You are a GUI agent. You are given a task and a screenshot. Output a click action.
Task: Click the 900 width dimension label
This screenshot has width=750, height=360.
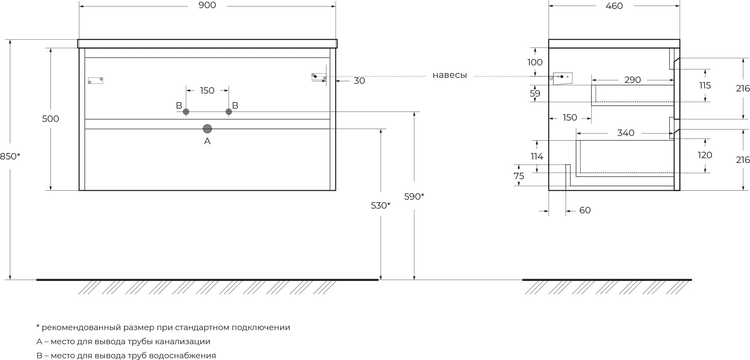pos(207,5)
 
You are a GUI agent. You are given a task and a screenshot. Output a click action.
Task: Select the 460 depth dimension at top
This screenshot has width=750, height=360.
pos(614,6)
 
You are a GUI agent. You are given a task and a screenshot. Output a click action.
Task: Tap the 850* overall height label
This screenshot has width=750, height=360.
pos(10,156)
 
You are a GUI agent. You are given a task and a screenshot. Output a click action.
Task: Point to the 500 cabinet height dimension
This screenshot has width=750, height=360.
pos(50,119)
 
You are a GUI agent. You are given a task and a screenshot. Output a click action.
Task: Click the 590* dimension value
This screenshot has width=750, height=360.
pos(414,197)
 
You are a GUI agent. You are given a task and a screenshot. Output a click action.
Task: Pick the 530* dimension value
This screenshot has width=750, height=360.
pos(381,206)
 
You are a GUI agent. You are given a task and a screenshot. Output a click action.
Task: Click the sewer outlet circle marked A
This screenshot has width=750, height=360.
pos(207,129)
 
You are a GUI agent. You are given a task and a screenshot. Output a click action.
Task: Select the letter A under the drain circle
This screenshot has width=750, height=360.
pos(207,141)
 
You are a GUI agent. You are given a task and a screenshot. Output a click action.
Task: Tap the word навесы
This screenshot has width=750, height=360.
pos(449,76)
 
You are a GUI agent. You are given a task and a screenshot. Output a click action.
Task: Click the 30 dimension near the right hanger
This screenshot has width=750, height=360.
pos(359,81)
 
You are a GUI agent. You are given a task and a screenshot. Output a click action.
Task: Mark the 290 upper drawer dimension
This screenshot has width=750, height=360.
pos(632,80)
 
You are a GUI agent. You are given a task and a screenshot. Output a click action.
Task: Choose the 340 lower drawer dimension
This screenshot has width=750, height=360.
pos(626,133)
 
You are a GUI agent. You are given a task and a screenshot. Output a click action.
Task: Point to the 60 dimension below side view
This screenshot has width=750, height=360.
pos(585,210)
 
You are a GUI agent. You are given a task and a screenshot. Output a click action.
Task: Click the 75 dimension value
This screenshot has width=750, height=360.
pos(519,176)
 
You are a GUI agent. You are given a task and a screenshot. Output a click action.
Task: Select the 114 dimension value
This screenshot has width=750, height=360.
pos(537,156)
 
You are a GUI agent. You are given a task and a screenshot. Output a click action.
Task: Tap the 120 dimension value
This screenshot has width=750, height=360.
pos(705,155)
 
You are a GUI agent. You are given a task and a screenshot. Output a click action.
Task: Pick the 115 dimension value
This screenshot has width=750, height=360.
pos(705,86)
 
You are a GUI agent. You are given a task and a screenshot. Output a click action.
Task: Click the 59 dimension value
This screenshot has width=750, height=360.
pos(535,94)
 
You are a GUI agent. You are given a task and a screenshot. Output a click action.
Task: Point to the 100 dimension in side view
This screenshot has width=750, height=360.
pos(535,62)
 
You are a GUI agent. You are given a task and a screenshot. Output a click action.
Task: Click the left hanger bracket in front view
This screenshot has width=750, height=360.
pos(95,80)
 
